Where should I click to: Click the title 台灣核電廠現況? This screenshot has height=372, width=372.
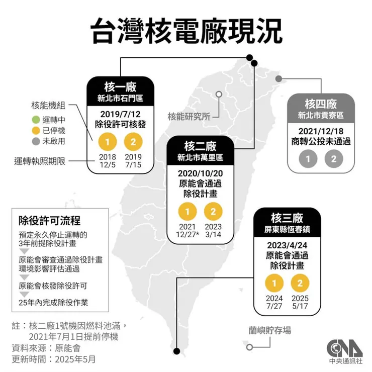pos(186,31)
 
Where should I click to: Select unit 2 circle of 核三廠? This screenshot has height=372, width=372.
pos(299,284)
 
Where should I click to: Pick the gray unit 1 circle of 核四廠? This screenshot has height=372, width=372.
pos(307,159)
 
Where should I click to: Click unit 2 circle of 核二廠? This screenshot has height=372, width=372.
pos(214,210)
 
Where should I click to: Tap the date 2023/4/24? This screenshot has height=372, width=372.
pos(286,245)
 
